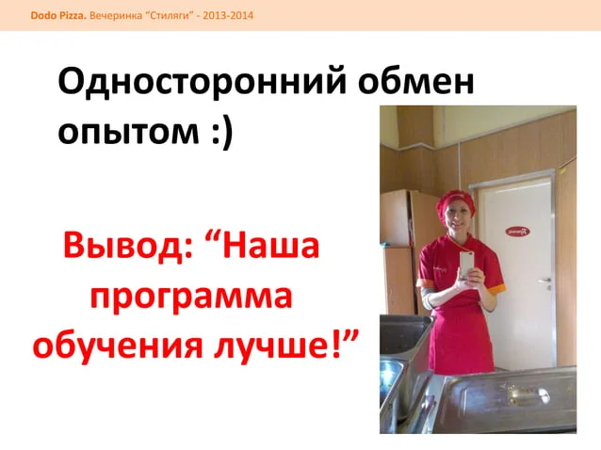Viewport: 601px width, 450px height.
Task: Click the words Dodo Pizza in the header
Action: (58, 16)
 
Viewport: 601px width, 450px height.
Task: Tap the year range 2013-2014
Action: (228, 16)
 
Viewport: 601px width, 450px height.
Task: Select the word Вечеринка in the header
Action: (116, 16)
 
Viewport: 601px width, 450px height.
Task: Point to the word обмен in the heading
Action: (416, 81)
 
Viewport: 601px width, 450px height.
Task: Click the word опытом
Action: (128, 131)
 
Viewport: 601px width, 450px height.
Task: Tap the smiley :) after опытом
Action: (222, 130)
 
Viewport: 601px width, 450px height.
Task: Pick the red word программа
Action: (191, 297)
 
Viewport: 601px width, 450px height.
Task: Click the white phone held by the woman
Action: (466, 265)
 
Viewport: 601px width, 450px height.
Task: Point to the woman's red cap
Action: (455, 203)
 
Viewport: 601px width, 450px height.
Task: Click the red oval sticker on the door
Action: (517, 232)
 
